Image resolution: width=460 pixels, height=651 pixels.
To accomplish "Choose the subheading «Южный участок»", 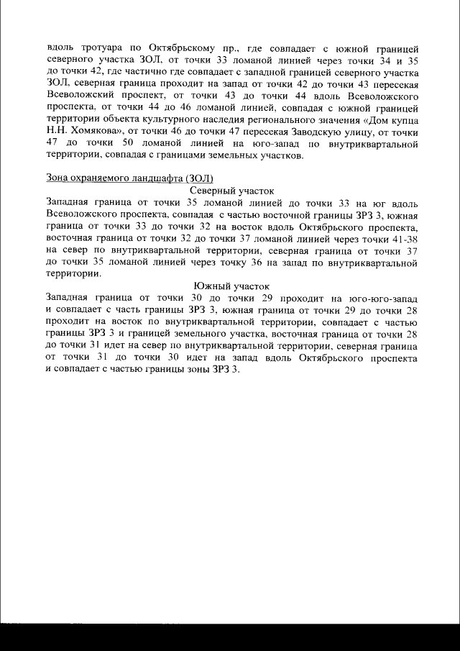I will (x=231, y=286).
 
